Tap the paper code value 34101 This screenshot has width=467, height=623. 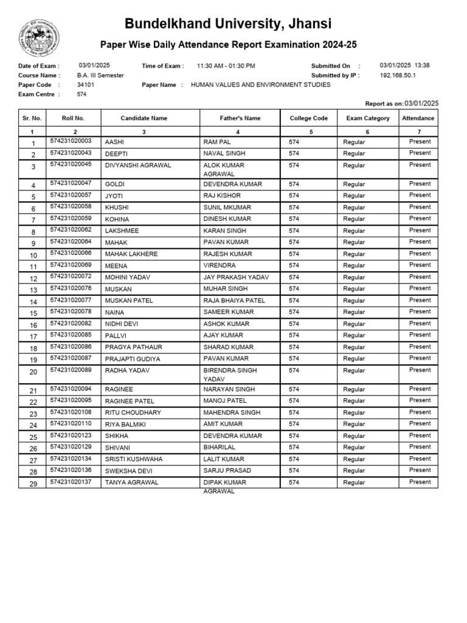[86, 85]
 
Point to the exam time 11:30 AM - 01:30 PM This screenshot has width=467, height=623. [226, 66]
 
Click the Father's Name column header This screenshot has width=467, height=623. [240, 118]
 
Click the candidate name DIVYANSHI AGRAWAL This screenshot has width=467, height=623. [138, 165]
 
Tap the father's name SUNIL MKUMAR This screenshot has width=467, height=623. [227, 207]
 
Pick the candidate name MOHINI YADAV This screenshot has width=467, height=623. [128, 277]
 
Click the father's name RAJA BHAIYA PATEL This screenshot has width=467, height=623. [234, 301]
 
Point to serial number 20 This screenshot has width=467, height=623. [33, 372]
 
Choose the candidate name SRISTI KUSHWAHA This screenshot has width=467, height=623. [136, 459]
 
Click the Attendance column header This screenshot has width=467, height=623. [418, 118]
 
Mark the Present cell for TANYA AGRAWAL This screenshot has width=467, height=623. [420, 482]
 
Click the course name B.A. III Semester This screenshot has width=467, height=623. [100, 75]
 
